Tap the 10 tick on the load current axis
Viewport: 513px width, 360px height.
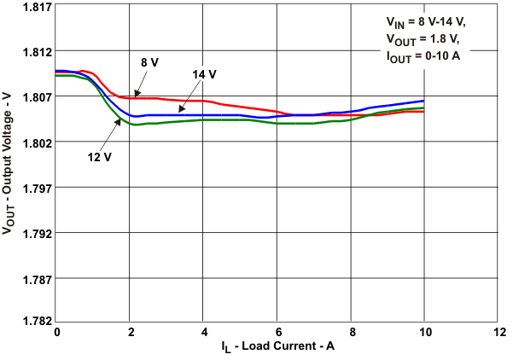423,331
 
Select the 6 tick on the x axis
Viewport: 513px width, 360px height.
277,331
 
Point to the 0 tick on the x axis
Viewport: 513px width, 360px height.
56,331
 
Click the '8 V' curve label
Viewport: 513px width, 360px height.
151,62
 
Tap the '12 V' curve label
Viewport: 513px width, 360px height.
100,156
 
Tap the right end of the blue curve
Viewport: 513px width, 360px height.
423,101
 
